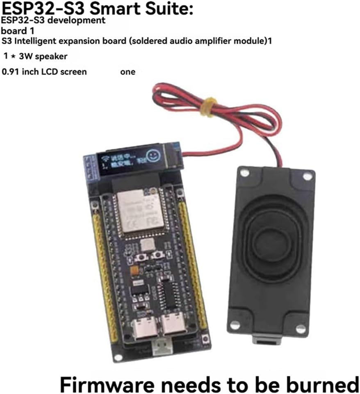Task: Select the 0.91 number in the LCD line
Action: (10, 72)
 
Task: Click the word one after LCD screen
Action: (128, 72)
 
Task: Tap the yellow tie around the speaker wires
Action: (210, 107)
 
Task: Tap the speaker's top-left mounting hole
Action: (245, 173)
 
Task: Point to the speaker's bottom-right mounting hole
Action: (301, 328)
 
